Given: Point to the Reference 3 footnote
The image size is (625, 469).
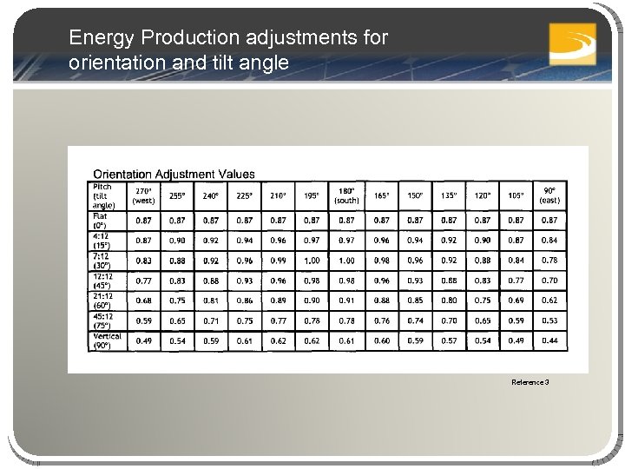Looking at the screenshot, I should (x=530, y=382).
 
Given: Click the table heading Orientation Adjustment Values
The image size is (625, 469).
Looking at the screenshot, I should (x=174, y=175).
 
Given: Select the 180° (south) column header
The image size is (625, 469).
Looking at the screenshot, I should (x=346, y=195).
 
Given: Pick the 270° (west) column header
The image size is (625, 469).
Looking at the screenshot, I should (x=143, y=195).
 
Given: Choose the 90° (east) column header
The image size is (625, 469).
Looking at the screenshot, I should (x=549, y=195).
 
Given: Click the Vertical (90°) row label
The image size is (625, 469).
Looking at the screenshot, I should (x=108, y=340).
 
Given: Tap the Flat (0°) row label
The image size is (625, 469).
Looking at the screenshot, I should (x=101, y=221).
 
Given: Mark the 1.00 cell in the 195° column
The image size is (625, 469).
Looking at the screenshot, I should (x=312, y=261).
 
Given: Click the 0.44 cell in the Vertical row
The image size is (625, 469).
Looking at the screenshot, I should (x=549, y=340).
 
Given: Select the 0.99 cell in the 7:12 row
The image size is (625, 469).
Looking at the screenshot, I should (x=278, y=261).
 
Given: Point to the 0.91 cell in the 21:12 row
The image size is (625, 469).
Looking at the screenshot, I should (x=346, y=301).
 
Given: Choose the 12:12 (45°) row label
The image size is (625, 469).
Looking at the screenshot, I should (x=103, y=281).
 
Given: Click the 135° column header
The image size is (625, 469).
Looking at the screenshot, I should (x=449, y=195).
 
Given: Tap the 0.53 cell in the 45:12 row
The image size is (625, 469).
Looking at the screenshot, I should (x=549, y=320).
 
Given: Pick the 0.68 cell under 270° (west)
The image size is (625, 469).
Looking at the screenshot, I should (x=143, y=301).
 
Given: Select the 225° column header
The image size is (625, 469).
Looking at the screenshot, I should (x=245, y=195).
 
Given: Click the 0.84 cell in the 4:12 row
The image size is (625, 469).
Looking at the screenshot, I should (x=549, y=241).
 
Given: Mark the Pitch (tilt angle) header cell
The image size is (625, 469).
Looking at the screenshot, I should (x=102, y=195).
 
